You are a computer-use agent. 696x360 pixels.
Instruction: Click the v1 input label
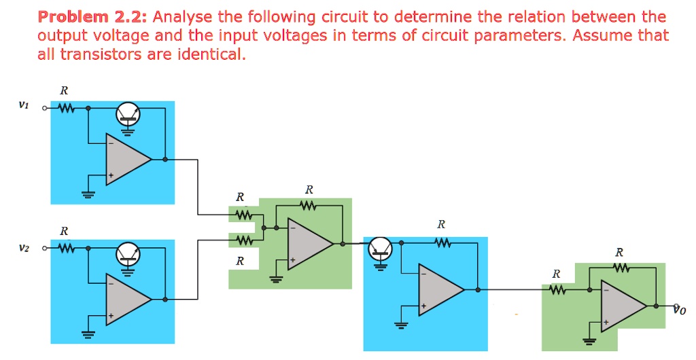pos(24,105)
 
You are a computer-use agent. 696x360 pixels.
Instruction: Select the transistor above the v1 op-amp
pos(128,113)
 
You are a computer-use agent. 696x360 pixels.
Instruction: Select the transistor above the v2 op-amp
pos(128,253)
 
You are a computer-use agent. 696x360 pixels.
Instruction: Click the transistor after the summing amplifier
pos(380,251)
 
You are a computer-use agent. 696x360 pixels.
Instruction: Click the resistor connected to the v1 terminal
pos(66,107)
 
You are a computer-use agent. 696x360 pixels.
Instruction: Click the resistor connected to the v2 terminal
pos(66,247)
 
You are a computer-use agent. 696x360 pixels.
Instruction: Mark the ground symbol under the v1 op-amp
pos(87,193)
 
